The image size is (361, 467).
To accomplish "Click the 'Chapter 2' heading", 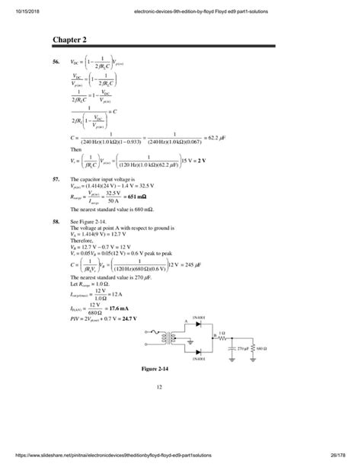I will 69,39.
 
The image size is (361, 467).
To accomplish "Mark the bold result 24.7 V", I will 150,317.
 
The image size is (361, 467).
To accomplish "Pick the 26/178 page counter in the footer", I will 342,454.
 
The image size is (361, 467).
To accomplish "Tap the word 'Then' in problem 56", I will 75,150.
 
